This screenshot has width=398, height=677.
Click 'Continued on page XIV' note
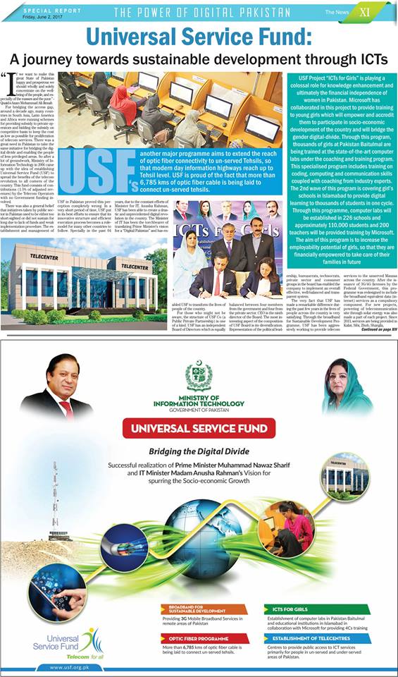[362, 329]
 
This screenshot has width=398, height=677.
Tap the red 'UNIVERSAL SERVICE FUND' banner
[198, 428]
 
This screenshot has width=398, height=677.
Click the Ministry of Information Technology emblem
[198, 377]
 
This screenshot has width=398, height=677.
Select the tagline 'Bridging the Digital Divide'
[198, 451]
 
